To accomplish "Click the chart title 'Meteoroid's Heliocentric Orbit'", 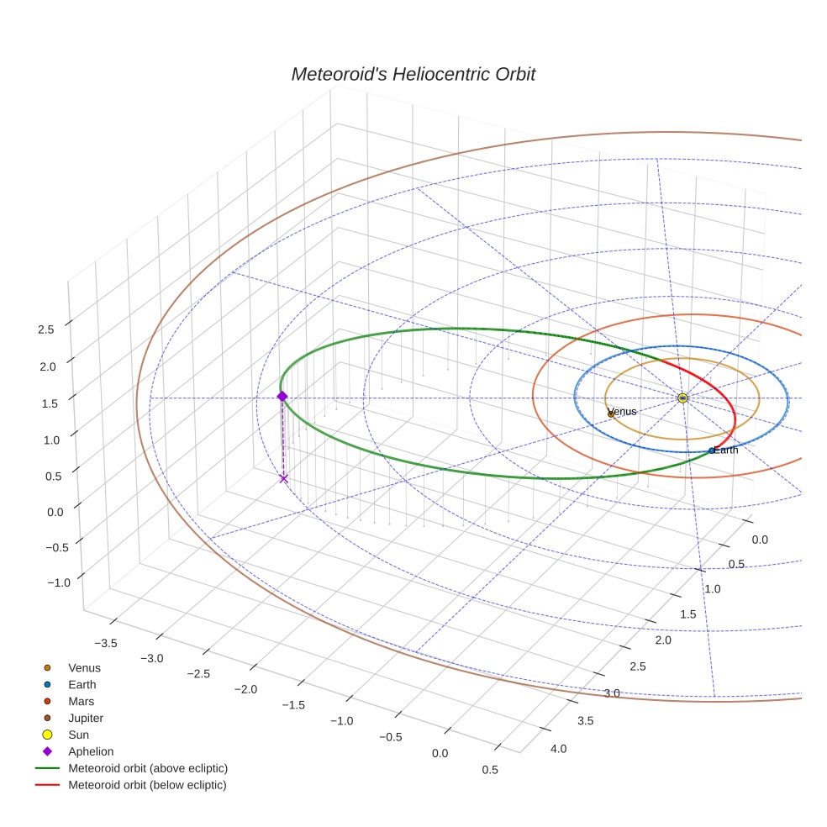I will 413,74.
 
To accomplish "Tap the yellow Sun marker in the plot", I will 682,398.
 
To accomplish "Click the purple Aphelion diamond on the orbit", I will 282,396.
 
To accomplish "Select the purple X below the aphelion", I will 283,478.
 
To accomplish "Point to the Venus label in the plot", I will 622,412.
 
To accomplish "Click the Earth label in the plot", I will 726,450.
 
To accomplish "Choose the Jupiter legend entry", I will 85,718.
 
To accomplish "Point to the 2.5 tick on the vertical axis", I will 46,329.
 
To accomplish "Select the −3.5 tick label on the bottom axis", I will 106,643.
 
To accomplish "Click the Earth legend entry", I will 82,684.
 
